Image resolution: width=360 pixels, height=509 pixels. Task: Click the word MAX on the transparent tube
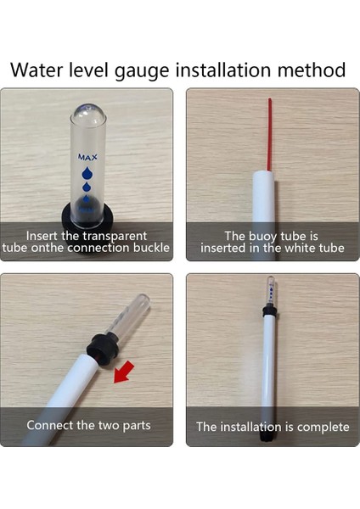click(87, 157)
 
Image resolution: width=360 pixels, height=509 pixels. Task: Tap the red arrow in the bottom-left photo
click(123, 371)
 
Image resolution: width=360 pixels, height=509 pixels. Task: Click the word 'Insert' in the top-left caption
click(42, 236)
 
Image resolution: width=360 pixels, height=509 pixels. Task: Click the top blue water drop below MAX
click(87, 173)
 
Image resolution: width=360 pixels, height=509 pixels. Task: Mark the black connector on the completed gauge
click(269, 310)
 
